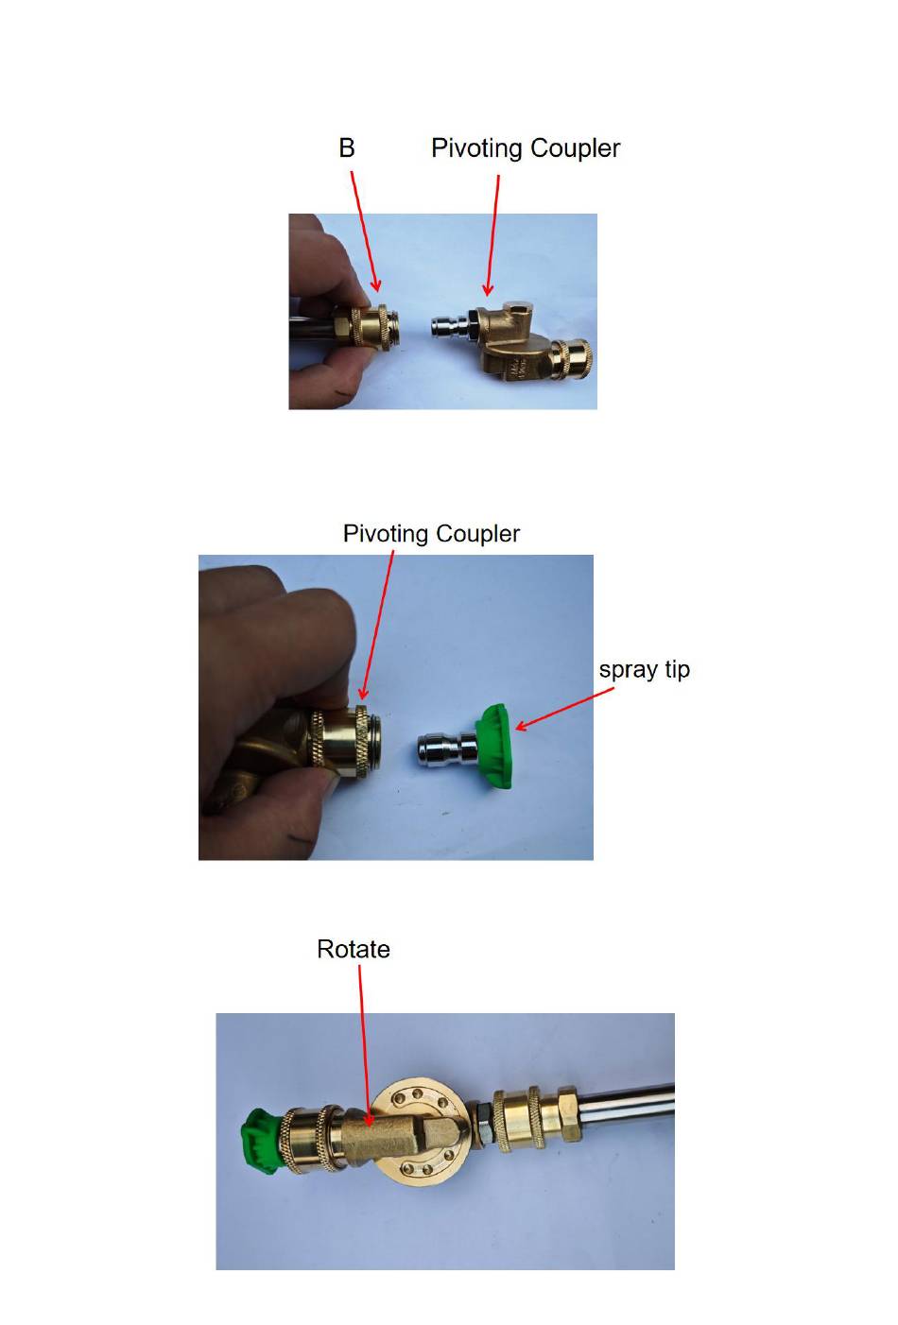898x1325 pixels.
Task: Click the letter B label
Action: [x=347, y=147]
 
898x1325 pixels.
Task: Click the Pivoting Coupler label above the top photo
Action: [x=526, y=148]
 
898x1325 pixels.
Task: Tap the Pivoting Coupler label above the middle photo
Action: [x=431, y=534]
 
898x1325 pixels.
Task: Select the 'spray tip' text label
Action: [x=645, y=670]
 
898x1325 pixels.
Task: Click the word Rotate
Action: [x=354, y=949]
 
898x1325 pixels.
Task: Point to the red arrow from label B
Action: [x=365, y=232]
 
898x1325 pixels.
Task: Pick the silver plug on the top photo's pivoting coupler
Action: [x=451, y=328]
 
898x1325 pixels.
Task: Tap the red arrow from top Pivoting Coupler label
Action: [x=492, y=234]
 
